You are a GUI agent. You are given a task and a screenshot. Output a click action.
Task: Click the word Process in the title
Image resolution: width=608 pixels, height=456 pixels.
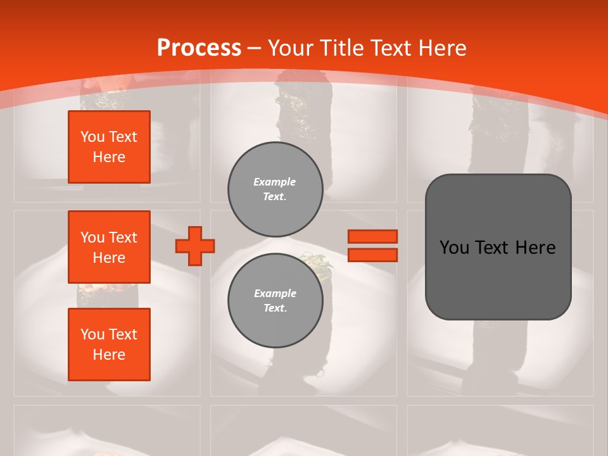[x=199, y=48]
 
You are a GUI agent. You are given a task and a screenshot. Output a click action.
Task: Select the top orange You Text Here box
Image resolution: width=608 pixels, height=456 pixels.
[x=109, y=147]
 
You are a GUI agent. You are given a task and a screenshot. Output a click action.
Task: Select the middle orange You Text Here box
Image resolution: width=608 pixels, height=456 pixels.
[x=109, y=247]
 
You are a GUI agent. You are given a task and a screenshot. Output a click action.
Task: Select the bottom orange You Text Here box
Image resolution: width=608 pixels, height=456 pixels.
[x=109, y=344]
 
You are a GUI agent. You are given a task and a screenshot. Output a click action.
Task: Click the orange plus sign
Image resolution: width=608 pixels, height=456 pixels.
[x=195, y=246]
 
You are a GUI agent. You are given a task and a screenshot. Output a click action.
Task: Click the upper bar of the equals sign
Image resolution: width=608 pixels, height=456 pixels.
[x=373, y=236]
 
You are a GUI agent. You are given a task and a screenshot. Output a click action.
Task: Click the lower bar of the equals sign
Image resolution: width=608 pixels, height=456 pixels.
[x=373, y=255]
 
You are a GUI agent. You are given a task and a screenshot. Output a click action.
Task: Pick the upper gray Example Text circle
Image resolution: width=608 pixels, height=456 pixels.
[x=275, y=189]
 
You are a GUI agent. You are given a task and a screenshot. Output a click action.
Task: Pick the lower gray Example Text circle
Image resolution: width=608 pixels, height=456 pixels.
[x=275, y=300]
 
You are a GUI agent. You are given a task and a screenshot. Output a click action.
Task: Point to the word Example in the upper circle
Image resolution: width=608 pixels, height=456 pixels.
[x=275, y=182]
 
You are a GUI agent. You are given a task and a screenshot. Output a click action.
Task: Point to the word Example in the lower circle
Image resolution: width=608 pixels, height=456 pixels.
[x=275, y=293]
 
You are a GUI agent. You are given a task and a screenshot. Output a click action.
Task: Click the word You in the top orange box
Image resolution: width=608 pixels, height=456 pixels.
[x=92, y=137]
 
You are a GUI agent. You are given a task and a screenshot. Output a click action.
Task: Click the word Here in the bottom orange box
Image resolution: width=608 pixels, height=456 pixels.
[x=109, y=355]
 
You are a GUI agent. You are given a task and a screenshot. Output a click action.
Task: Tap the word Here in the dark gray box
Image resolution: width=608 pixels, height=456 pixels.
[x=536, y=248]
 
